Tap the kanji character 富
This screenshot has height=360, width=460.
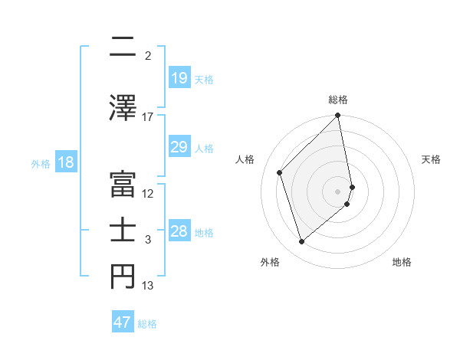123,182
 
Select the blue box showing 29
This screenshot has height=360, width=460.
179,147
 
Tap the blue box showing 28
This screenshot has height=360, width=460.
179,232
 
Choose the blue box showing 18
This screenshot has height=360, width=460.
65,163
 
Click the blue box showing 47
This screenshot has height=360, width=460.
123,322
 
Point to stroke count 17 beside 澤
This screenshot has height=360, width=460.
148,116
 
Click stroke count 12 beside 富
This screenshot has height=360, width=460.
148,193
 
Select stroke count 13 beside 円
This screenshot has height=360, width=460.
148,286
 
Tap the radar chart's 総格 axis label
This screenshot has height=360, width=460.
338,100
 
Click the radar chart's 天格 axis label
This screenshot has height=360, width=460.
431,159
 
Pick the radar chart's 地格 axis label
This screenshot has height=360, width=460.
402,262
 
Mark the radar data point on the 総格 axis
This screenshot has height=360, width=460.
338,116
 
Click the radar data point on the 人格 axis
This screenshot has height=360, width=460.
280,172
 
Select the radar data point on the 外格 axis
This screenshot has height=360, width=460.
301,241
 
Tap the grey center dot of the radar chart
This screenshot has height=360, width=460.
338,191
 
